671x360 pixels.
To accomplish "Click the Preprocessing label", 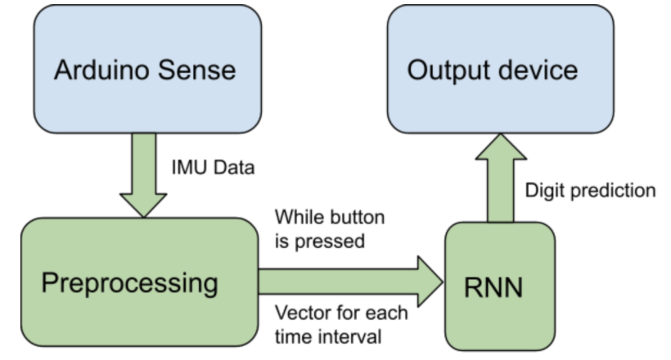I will (x=130, y=284).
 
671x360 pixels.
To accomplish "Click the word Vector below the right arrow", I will (x=298, y=313).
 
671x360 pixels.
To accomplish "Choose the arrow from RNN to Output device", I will (x=501, y=176).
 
